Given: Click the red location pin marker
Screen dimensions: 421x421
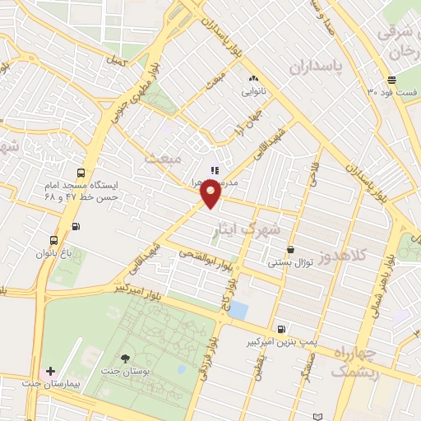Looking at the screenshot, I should [210, 192].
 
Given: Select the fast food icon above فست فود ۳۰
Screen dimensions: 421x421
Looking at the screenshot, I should [391, 81].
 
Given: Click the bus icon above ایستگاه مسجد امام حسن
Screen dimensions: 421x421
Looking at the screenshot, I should [81, 173].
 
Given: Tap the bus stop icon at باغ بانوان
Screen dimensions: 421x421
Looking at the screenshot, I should [54, 240].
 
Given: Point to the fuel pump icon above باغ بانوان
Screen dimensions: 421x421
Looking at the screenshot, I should [76, 226].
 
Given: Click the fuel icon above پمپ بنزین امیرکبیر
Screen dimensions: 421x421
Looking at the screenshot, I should [282, 326].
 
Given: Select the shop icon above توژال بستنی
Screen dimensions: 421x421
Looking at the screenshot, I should [290, 249].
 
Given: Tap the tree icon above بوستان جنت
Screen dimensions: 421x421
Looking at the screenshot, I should [124, 359].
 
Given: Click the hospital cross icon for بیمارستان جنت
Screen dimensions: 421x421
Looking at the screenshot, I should [52, 372].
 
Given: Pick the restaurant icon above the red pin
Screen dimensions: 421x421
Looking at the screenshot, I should [215, 169].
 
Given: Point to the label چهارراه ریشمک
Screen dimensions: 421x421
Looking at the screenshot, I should [355, 362].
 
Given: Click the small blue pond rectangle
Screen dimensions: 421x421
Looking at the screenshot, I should [238, 310].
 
